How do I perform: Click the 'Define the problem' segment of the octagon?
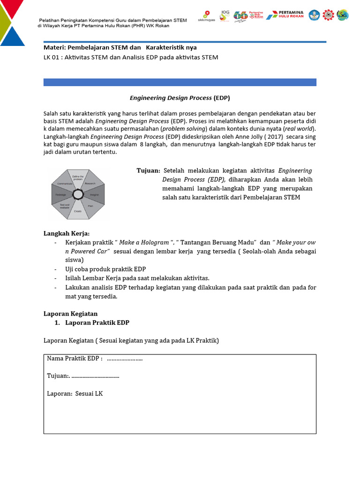point(77,179)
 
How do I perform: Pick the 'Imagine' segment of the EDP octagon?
point(94,194)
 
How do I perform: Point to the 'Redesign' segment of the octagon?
point(61,194)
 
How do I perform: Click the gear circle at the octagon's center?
point(78,194)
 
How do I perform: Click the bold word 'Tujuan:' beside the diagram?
point(148,171)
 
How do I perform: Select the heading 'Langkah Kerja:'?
point(67,233)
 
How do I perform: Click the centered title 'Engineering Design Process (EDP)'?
point(180,98)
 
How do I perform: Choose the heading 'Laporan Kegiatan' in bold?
point(70,313)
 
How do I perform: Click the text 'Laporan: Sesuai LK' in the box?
point(75,393)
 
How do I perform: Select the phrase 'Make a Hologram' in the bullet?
point(144,242)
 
